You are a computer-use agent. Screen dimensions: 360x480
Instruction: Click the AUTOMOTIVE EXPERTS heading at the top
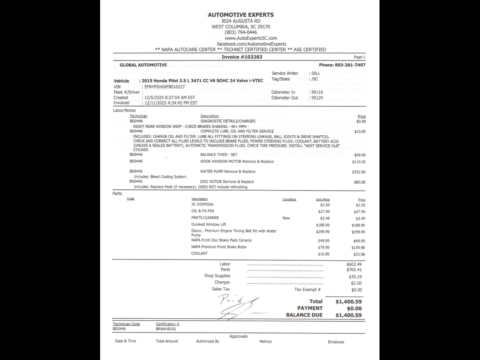tap(241, 15)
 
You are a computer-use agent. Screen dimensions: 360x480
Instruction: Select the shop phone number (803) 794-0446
tap(241, 32)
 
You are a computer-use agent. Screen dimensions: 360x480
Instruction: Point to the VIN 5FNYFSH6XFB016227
tap(164, 87)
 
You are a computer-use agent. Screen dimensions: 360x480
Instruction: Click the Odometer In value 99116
tap(317, 92)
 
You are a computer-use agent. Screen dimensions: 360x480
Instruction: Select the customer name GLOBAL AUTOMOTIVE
tap(143, 65)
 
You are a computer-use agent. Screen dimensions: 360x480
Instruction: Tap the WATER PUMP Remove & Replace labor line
tap(228, 172)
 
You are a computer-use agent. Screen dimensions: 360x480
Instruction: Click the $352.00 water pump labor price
tap(358, 172)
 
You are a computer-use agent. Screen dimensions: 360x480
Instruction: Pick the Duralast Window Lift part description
tap(208, 225)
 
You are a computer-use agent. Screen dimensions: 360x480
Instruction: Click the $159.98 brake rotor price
tap(358, 247)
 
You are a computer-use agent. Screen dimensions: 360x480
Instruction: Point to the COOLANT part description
tap(199, 253)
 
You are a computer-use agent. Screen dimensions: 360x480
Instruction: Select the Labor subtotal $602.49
tap(354, 264)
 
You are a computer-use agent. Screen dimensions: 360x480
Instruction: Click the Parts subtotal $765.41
tap(354, 270)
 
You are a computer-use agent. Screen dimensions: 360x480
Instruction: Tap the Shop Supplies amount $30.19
tap(355, 277)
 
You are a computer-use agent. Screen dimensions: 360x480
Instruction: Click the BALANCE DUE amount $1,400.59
tap(348, 315)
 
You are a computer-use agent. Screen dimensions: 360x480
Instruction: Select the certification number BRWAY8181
tap(166, 329)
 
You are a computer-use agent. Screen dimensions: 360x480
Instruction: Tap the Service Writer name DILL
tap(316, 73)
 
